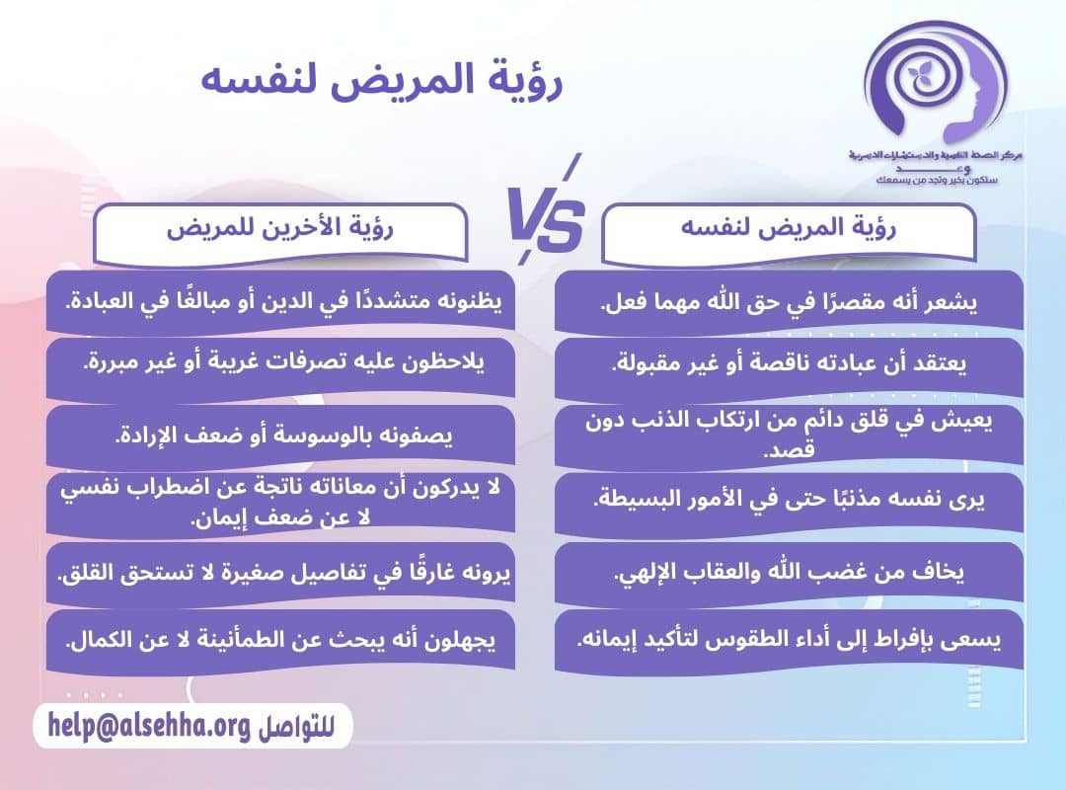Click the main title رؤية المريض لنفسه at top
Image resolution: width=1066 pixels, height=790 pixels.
pyautogui.click(x=382, y=80)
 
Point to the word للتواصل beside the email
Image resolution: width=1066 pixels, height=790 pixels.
pyautogui.click(x=296, y=728)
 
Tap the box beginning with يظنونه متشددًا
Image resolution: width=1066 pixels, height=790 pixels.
pyautogui.click(x=279, y=301)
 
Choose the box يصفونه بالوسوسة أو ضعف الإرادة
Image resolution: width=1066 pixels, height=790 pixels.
pyautogui.click(x=279, y=435)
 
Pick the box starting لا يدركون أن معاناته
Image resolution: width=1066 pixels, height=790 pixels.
pyautogui.click(x=279, y=503)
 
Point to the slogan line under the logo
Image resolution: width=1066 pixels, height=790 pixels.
pyautogui.click(x=928, y=182)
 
